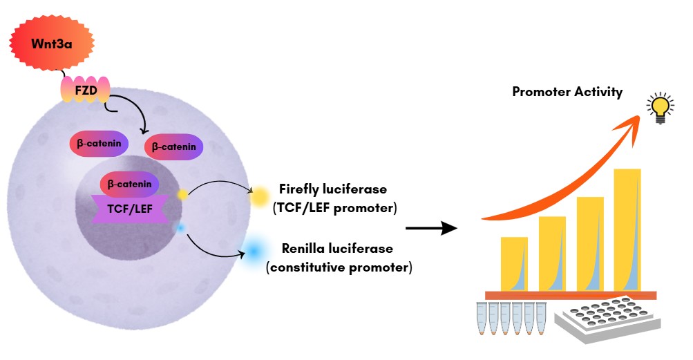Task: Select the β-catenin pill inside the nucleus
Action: pos(130,184)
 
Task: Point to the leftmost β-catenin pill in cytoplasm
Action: pos(98,144)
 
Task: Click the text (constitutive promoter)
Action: pos(339,266)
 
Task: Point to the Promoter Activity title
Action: pos(567,92)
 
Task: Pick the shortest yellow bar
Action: pos(514,263)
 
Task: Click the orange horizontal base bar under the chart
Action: pos(570,295)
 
